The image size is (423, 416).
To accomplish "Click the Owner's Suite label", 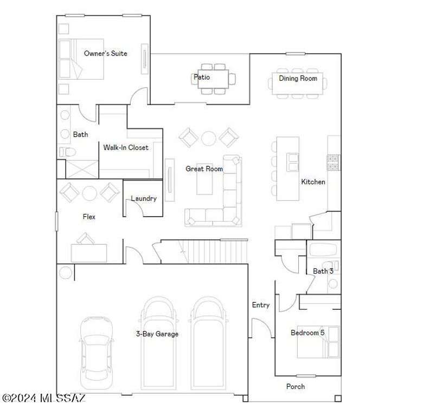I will [x=105, y=54].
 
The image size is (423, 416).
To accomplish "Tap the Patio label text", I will [x=202, y=77].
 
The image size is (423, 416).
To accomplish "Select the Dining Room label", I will [x=298, y=79].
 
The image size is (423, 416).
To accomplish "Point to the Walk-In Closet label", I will [x=126, y=147].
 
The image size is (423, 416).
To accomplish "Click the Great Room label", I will [x=204, y=169].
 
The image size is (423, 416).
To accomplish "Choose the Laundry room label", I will [x=144, y=199].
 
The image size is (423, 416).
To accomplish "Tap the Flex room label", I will [x=89, y=217].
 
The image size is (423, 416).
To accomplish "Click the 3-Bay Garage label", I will [x=157, y=334].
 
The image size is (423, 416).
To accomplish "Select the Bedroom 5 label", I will [x=307, y=333].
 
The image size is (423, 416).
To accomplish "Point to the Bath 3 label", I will [x=323, y=271].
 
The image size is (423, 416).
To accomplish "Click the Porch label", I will [x=296, y=386].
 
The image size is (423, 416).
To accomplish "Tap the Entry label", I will [x=260, y=305].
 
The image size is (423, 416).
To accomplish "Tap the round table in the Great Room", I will [x=208, y=138].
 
